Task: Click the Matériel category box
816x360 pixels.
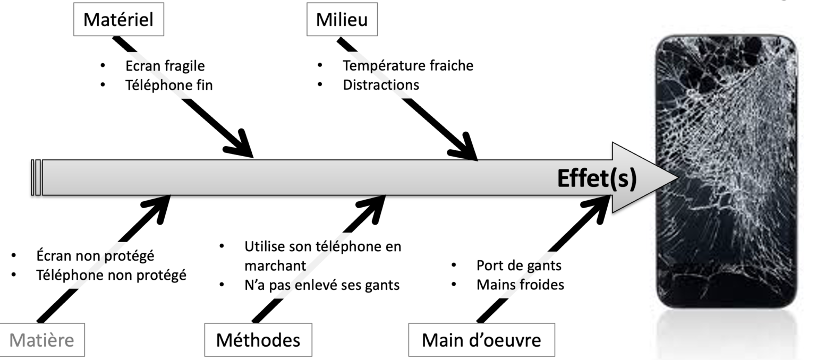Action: pyautogui.click(x=118, y=20)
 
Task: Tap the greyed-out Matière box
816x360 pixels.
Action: pyautogui.click(x=41, y=339)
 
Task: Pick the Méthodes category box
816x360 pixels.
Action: pyautogui.click(x=258, y=339)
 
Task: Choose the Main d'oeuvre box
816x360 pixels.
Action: pyautogui.click(x=481, y=339)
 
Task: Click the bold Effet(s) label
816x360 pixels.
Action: pyautogui.click(x=596, y=178)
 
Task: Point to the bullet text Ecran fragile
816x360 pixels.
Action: pyautogui.click(x=165, y=66)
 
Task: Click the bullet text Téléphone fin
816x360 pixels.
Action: pyautogui.click(x=169, y=84)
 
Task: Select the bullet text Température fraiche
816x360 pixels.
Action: pyautogui.click(x=407, y=66)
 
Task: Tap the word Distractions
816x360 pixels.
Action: pyautogui.click(x=380, y=84)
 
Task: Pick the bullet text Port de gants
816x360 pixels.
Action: pyautogui.click(x=518, y=265)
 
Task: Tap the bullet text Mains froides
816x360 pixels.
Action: pyautogui.click(x=520, y=285)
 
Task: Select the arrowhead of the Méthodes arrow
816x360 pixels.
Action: pyautogui.click(x=375, y=205)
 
